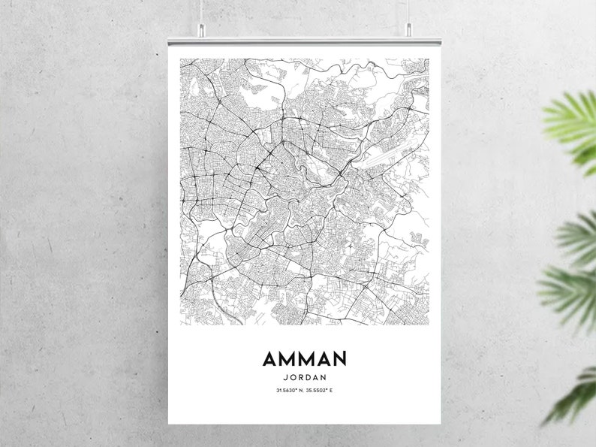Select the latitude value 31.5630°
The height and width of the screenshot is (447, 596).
[x=286, y=391]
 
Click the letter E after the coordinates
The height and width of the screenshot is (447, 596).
[x=330, y=391]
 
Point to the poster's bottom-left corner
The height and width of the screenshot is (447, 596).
[x=170, y=422]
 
